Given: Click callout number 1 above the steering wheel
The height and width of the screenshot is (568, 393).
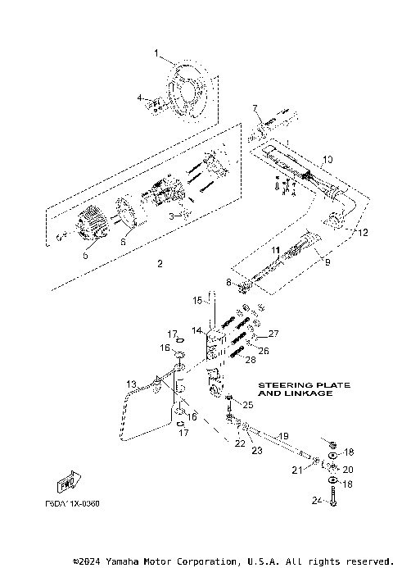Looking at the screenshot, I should click(156, 53).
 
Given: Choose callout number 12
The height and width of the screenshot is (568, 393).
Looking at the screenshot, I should click(355, 231).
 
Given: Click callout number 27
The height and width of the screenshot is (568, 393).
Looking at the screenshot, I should click(274, 334).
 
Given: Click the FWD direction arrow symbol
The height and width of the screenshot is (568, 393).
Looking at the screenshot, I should click(70, 483).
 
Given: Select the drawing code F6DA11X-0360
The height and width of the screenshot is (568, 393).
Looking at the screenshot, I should click(73, 503).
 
